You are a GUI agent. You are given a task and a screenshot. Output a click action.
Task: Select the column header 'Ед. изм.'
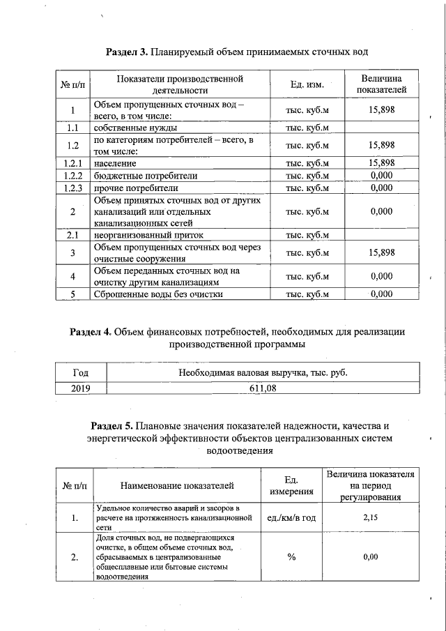[x=307, y=84]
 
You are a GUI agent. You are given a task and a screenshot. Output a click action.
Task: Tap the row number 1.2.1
[x=72, y=163]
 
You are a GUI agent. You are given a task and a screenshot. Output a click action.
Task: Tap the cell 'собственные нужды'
[x=135, y=128]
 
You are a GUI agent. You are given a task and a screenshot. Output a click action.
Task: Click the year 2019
[x=72, y=388]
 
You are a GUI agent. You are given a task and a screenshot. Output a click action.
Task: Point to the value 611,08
[x=263, y=388]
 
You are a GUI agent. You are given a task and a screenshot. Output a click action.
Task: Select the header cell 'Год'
[x=72, y=373]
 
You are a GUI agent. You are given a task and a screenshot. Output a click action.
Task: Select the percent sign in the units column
[x=291, y=557]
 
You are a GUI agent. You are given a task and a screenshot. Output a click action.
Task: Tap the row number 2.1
[x=72, y=236]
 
